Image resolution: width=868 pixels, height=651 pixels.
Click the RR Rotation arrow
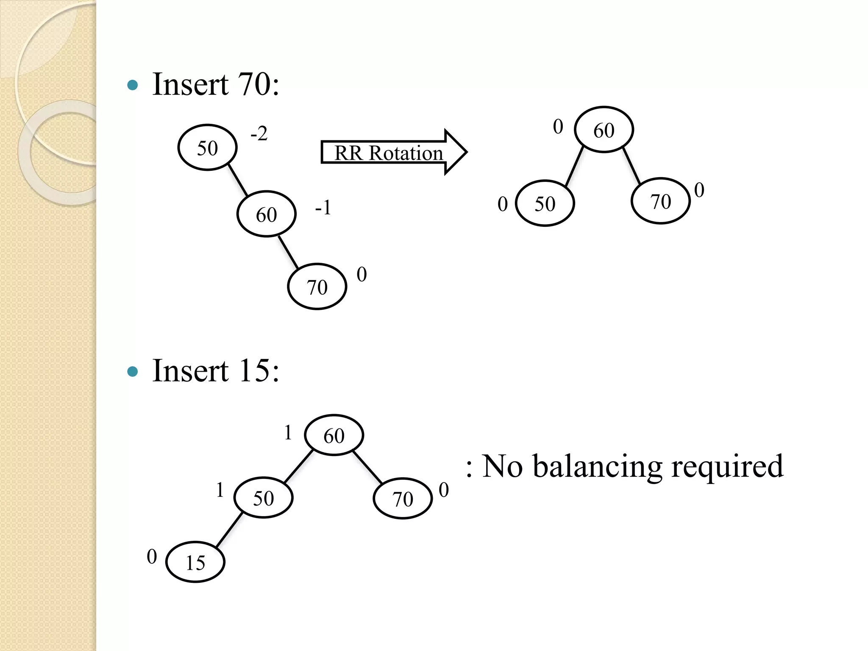pyautogui.click(x=393, y=152)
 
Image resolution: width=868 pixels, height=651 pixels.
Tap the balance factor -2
pyautogui.click(x=259, y=134)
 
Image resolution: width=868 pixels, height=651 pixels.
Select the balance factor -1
pyautogui.click(x=323, y=208)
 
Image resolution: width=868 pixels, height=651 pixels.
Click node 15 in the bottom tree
pyautogui.click(x=195, y=562)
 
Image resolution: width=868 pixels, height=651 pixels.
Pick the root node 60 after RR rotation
pyautogui.click(x=604, y=130)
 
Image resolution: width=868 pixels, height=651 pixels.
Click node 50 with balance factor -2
pyautogui.click(x=207, y=147)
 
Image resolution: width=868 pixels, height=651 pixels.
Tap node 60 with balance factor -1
pyautogui.click(x=266, y=214)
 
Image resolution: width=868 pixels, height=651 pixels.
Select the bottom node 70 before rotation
pyautogui.click(x=317, y=287)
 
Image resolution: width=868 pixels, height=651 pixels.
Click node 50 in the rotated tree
pyautogui.click(x=545, y=203)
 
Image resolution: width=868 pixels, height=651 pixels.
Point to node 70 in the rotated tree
pyautogui.click(x=660, y=201)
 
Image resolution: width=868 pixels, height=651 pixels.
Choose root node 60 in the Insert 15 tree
pyautogui.click(x=334, y=435)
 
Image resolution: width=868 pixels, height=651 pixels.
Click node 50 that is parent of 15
pyautogui.click(x=263, y=498)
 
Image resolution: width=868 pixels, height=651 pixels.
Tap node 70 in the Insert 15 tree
pyautogui.click(x=403, y=499)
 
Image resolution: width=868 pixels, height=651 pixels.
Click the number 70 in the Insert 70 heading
pyautogui.click(x=254, y=84)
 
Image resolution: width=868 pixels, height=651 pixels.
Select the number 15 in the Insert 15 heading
pyautogui.click(x=254, y=370)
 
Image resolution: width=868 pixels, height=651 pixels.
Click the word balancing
pyautogui.click(x=597, y=466)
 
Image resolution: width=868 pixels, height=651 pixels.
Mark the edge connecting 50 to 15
pyautogui.click(x=229, y=530)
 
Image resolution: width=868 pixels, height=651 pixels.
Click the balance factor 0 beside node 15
pyautogui.click(x=152, y=556)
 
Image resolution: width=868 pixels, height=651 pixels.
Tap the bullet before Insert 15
pyautogui.click(x=133, y=372)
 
